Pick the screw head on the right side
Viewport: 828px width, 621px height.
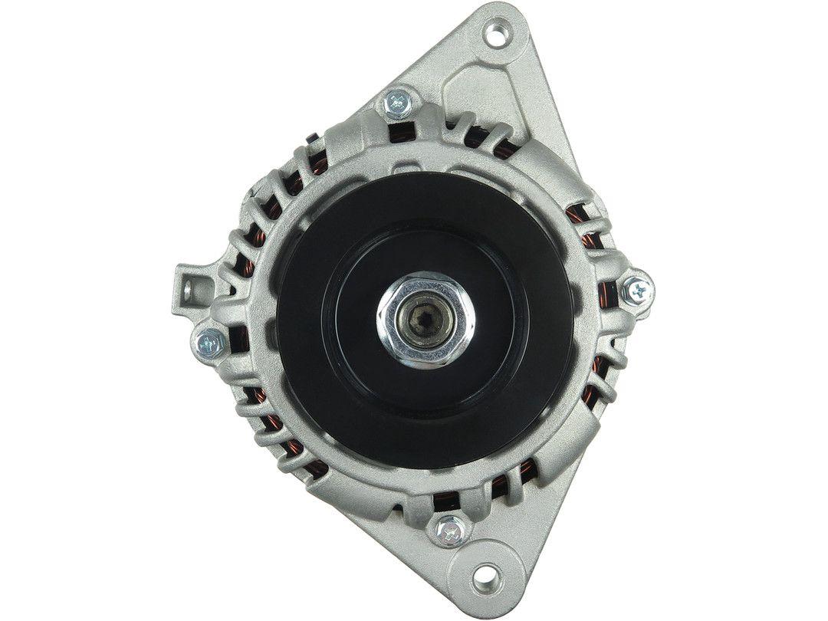(637, 290)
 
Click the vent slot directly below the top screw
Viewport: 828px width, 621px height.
(399, 134)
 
